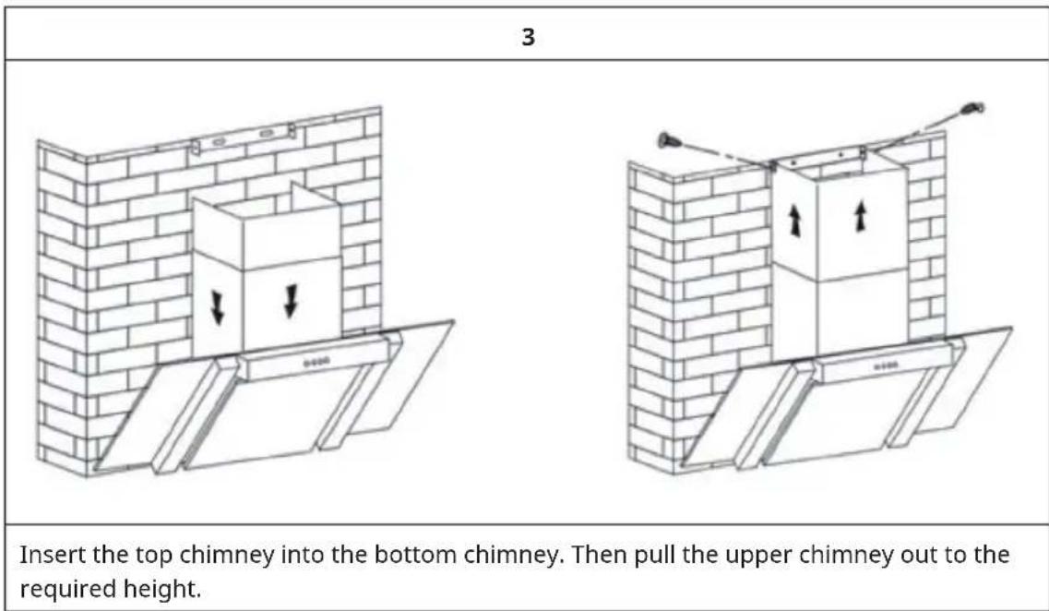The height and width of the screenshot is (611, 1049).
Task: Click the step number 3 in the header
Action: click(528, 38)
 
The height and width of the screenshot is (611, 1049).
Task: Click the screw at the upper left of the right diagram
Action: click(668, 141)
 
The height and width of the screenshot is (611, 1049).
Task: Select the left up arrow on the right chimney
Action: click(794, 221)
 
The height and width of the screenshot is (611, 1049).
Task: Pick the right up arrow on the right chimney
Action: click(861, 217)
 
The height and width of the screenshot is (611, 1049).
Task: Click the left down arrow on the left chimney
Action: click(218, 308)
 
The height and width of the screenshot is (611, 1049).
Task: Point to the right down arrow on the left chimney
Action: click(291, 301)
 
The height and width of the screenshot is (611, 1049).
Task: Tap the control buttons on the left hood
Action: click(316, 362)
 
